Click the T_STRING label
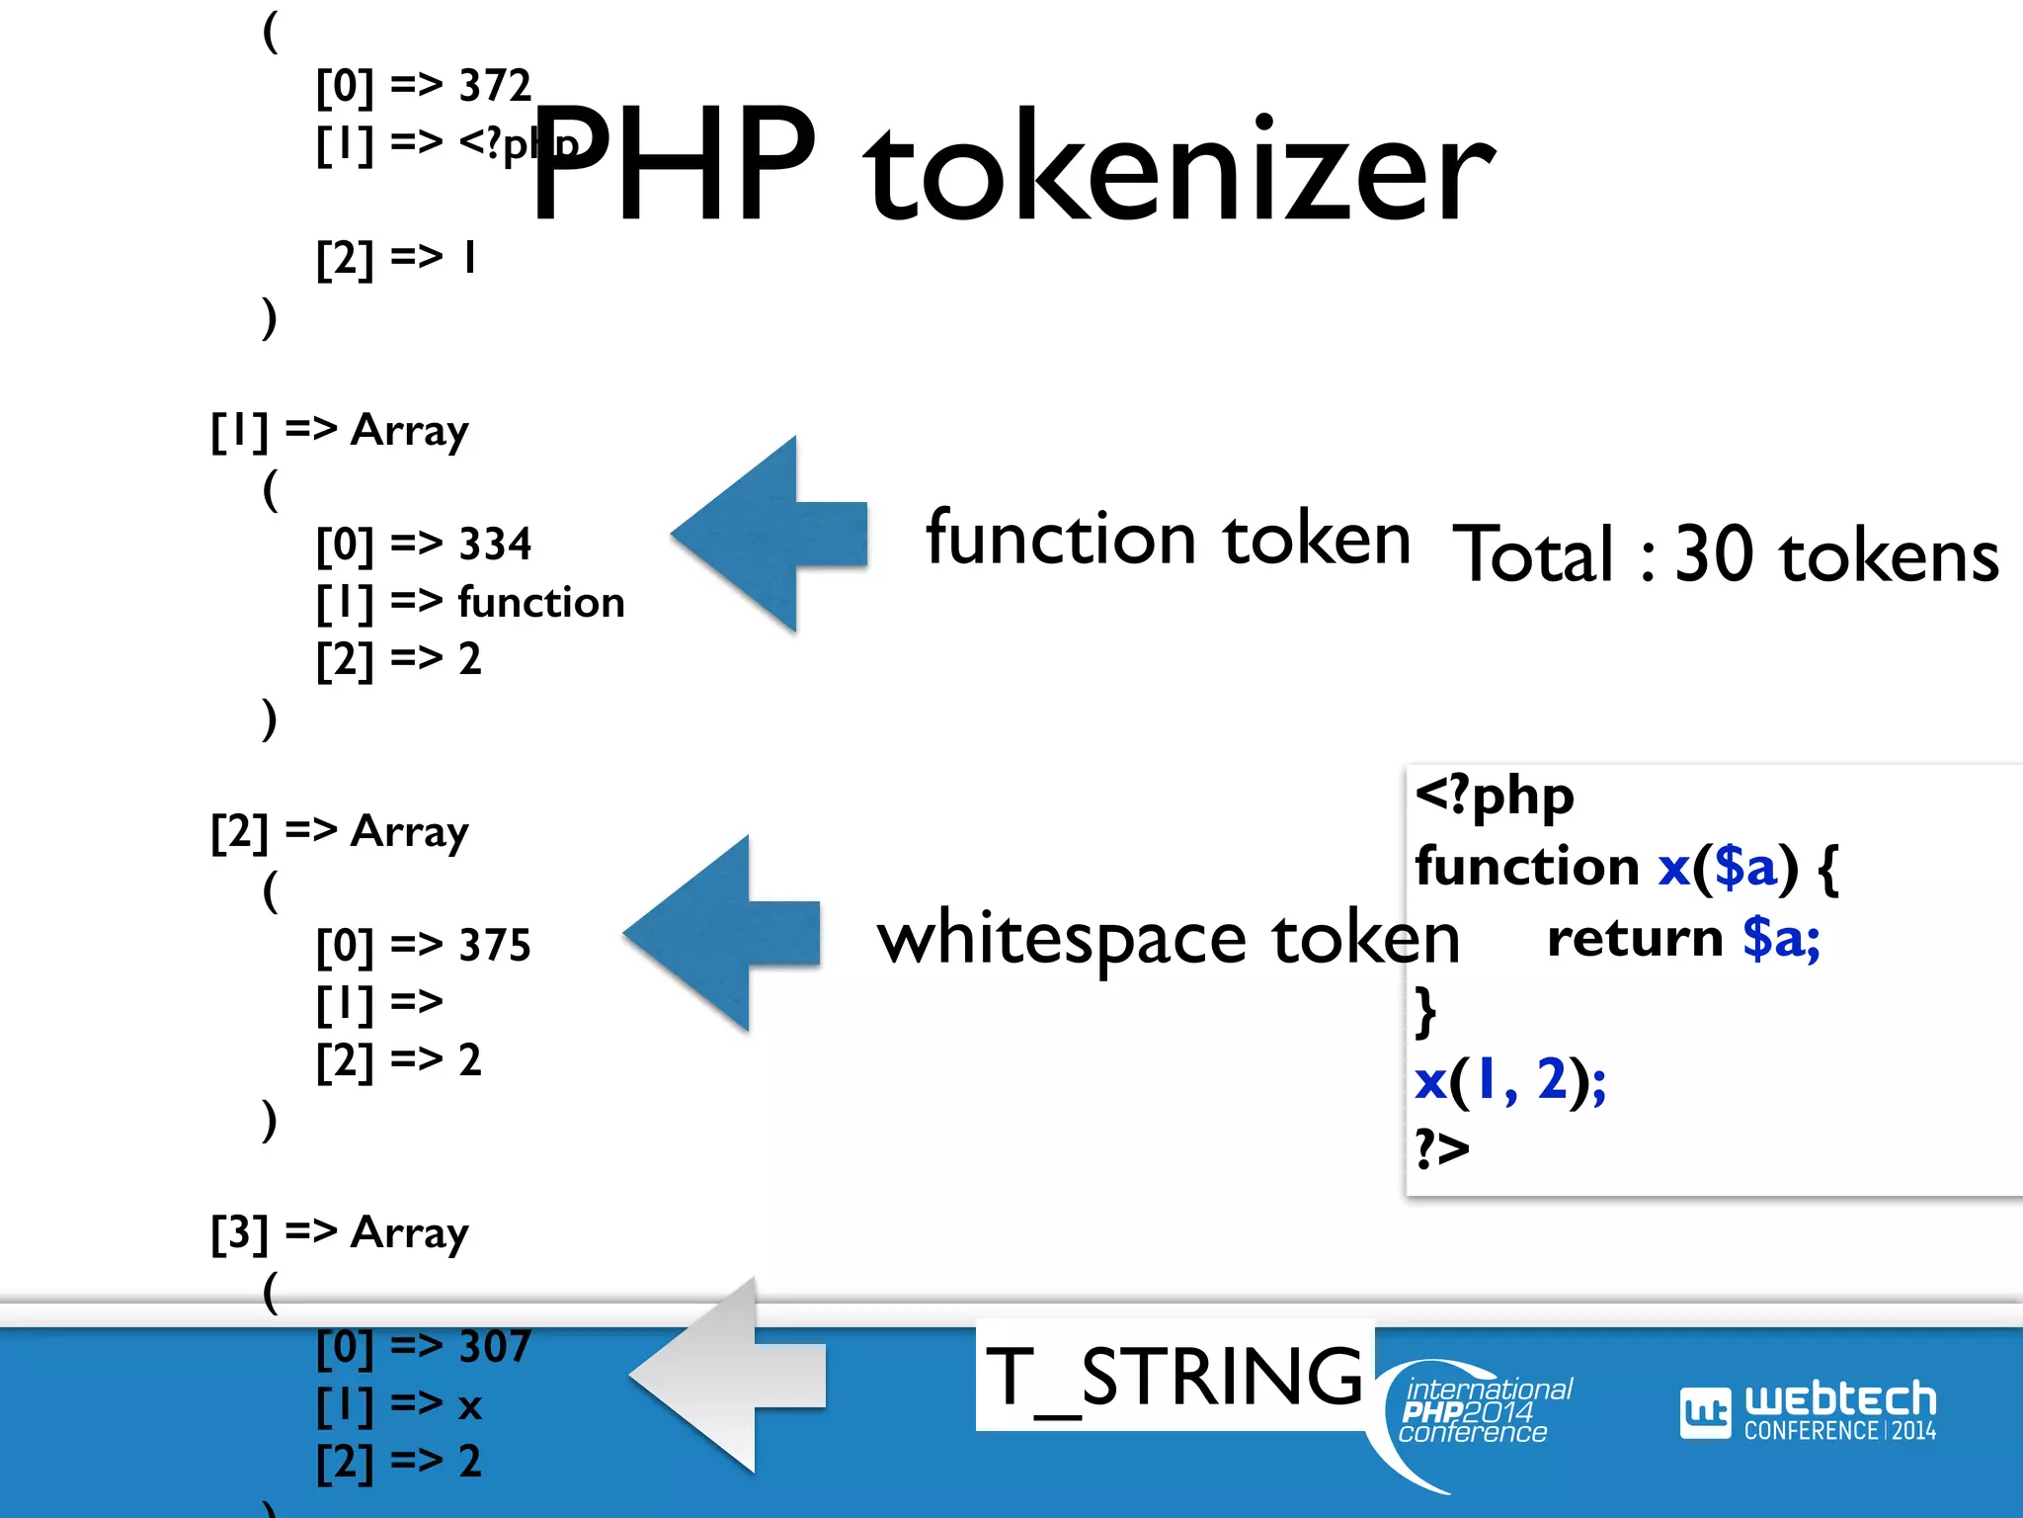[1173, 1376]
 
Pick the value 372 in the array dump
[495, 86]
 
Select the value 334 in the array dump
[495, 544]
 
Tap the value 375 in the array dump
[495, 945]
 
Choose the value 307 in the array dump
[495, 1346]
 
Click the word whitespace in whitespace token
[1062, 939]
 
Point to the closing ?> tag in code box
[1442, 1148]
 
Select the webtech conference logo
[1808, 1411]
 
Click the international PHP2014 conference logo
[1482, 1411]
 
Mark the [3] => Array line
[340, 1233]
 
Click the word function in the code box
[1526, 867]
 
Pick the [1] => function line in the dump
[470, 602]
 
